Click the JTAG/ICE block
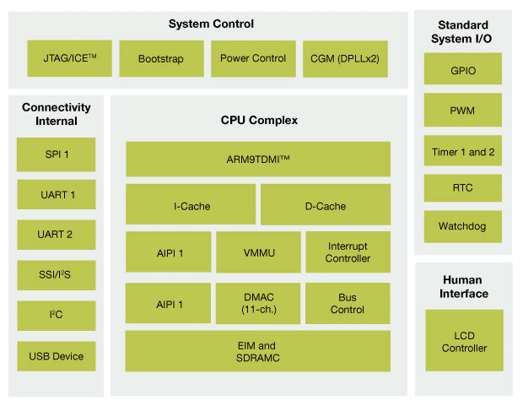point(69,59)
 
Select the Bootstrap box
point(160,59)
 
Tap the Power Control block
point(252,59)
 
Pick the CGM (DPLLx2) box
point(344,59)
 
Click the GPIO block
point(463,71)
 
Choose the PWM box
point(463,110)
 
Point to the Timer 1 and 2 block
point(463,152)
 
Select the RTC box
point(463,189)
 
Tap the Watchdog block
point(463,227)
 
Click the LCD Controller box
point(463,341)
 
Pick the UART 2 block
point(57,235)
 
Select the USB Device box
point(57,356)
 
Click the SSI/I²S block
point(57,275)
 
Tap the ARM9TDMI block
point(258,160)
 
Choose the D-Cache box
point(326,205)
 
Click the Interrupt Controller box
point(348,251)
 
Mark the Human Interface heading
point(465,286)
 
